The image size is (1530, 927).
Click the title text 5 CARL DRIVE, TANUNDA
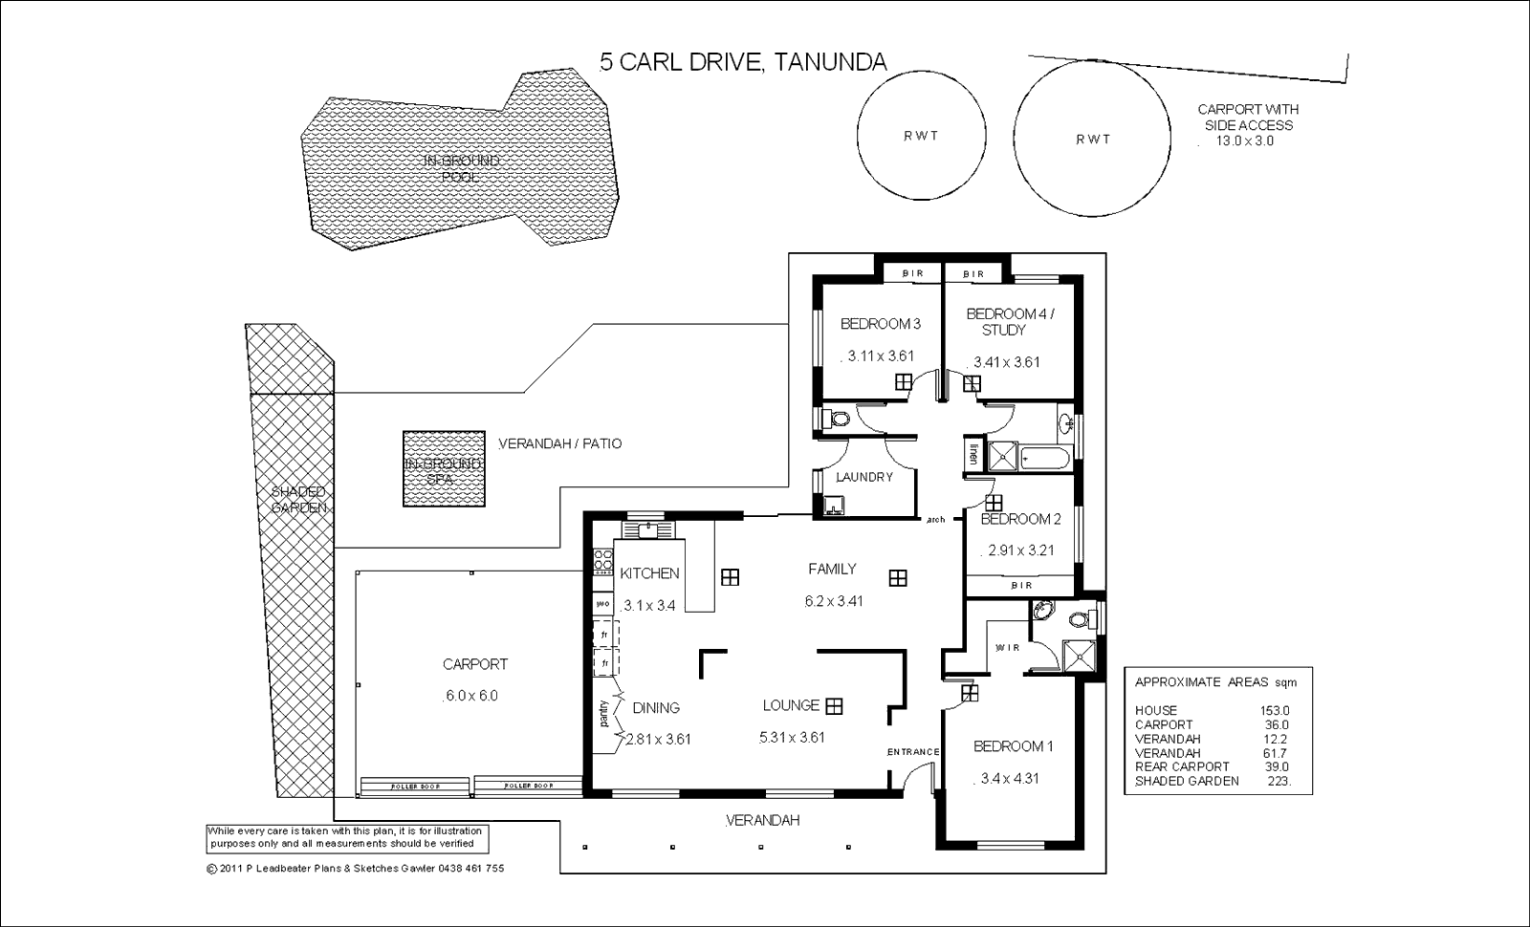[743, 63]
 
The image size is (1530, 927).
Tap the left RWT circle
[921, 136]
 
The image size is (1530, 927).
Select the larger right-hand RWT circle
[1092, 140]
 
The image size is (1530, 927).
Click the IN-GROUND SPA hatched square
[443, 469]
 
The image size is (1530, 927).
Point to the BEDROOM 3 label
[880, 324]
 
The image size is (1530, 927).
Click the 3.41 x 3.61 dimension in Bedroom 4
[1006, 362]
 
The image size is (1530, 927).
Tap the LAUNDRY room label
[863, 477]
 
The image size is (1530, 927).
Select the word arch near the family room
[935, 520]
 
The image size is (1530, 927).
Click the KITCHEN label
[649, 573]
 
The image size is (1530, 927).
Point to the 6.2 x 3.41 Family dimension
[834, 601]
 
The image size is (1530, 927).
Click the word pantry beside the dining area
[603, 714]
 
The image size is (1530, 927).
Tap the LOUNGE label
[791, 705]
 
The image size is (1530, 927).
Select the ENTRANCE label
[913, 752]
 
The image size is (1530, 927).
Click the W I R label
[1007, 648]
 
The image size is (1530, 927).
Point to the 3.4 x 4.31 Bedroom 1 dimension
[1010, 779]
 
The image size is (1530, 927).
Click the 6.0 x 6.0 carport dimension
[471, 696]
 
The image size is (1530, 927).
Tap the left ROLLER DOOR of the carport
[416, 787]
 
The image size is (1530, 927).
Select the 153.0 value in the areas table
[1275, 710]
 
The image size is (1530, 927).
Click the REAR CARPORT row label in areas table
[1182, 766]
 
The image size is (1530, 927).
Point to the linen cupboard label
[973, 454]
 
